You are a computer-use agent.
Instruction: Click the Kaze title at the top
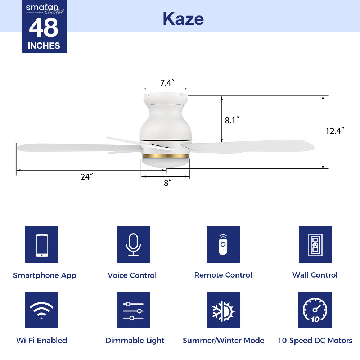click(x=183, y=18)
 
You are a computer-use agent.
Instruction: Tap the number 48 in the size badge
click(x=44, y=28)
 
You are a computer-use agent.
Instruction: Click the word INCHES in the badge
click(x=44, y=46)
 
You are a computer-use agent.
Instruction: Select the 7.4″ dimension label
click(x=167, y=83)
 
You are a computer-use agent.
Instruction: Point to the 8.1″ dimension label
click(x=232, y=120)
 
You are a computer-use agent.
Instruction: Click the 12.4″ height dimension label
click(x=335, y=131)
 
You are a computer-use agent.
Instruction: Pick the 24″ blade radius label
click(x=87, y=177)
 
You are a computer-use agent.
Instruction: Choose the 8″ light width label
click(x=167, y=183)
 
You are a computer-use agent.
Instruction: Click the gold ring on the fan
click(x=165, y=156)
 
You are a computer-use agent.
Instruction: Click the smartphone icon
click(x=42, y=245)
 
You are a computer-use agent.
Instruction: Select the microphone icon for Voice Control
click(x=133, y=245)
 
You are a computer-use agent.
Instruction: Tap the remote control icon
click(x=223, y=245)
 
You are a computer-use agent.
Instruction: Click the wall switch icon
click(x=315, y=245)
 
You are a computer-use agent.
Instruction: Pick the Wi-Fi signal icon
click(x=42, y=310)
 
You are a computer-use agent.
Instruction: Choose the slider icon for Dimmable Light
click(x=133, y=310)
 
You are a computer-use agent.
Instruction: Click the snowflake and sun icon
click(x=223, y=310)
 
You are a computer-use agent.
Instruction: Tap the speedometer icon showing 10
click(x=315, y=310)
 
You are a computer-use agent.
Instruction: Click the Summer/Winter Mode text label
click(x=223, y=341)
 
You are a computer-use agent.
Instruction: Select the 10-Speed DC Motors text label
click(x=315, y=341)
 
